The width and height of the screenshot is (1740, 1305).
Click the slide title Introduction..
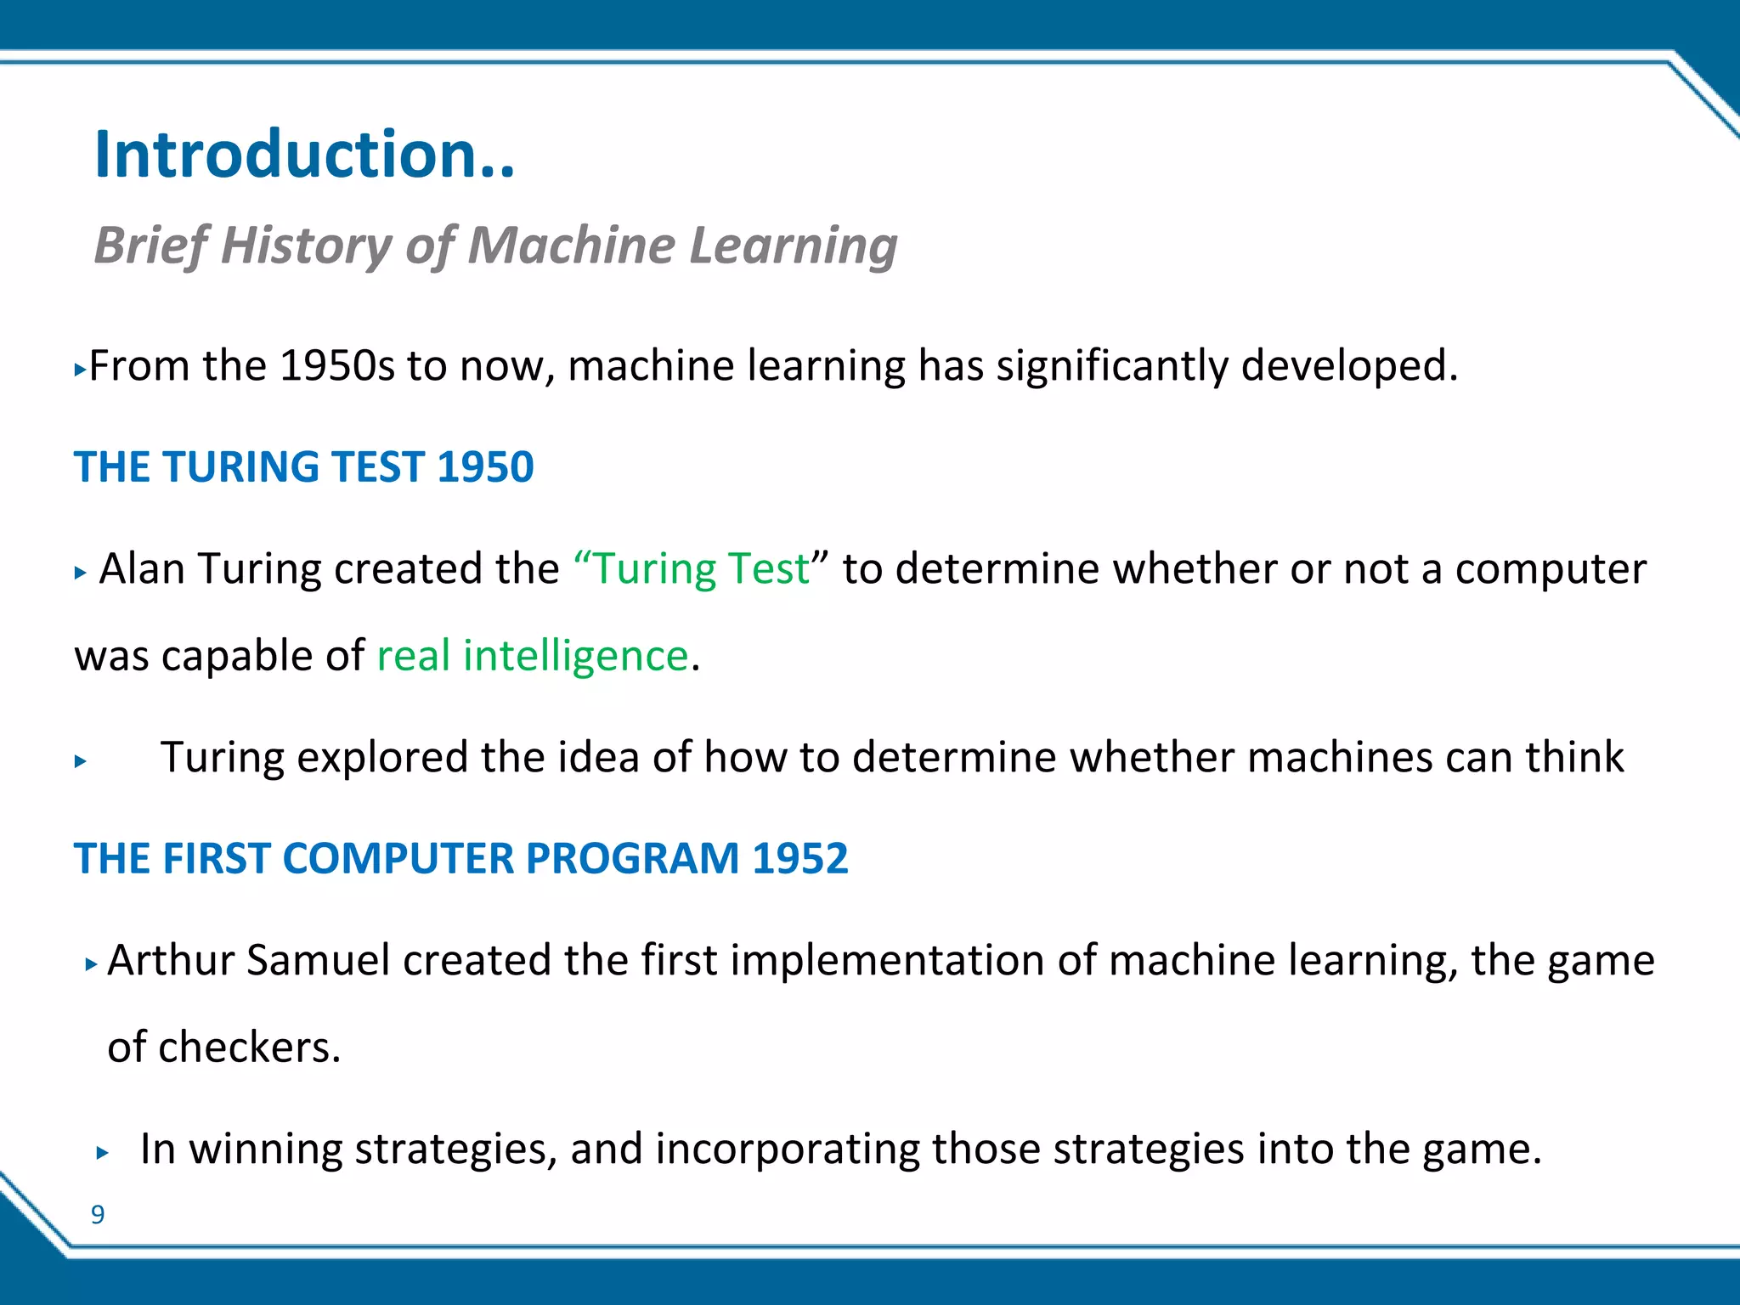coord(304,155)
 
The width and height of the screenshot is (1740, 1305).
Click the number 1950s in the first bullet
coord(336,366)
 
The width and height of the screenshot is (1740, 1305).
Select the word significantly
coord(1111,366)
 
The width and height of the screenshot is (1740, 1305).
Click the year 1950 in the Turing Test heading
coord(485,467)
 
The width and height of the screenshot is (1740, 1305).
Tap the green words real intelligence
coord(532,656)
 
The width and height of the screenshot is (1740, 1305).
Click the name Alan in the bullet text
coord(141,569)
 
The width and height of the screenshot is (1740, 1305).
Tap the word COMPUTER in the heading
coord(397,858)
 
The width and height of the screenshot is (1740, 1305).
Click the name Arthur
coord(170,961)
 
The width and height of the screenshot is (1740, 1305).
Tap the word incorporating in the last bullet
coord(787,1150)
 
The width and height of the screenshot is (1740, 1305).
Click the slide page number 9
coord(98,1215)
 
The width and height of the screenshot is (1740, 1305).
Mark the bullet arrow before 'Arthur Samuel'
coord(92,964)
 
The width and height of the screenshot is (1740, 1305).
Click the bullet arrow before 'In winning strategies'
coord(103,1153)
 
